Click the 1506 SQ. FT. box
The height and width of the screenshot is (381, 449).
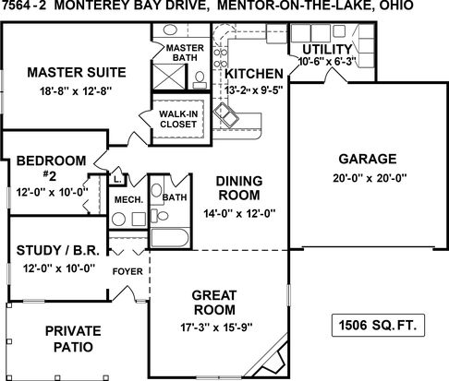pos(378,325)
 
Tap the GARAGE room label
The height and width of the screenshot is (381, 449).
pos(368,159)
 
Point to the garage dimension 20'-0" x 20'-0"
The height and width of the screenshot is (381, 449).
pos(370,178)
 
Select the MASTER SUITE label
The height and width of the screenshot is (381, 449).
pos(77,72)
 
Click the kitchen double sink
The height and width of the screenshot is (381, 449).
pos(226,115)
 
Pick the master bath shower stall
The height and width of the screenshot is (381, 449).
pos(169,77)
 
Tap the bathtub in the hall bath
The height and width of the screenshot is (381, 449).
pos(170,238)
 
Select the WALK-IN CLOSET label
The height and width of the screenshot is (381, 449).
pos(178,119)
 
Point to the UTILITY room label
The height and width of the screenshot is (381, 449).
pos(327,50)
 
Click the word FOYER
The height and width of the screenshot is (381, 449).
pos(127,271)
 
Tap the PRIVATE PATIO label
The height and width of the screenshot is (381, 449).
pos(73,339)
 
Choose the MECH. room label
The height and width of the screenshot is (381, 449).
pos(128,200)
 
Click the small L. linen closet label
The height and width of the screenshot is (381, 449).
pos(117,179)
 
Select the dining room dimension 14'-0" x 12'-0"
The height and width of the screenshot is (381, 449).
pos(239,213)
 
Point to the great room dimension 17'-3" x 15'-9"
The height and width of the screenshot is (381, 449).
pos(216,327)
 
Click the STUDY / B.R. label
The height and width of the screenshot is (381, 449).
pos(58,250)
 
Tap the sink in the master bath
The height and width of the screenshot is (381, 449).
pos(170,30)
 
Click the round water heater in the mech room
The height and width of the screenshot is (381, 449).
pos(118,220)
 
